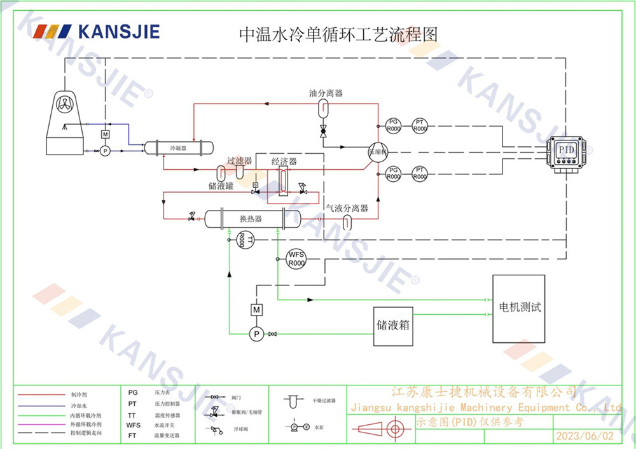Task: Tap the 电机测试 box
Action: pyautogui.click(x=519, y=308)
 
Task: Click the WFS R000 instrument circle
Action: pyautogui.click(x=296, y=258)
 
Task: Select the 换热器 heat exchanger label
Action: pyautogui.click(x=251, y=219)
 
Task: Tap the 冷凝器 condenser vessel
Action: pyautogui.click(x=177, y=148)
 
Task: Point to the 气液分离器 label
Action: pyautogui.click(x=347, y=208)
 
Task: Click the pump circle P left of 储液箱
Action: pyautogui.click(x=257, y=333)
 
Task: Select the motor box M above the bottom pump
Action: pyautogui.click(x=257, y=309)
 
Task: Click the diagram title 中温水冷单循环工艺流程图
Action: pyautogui.click(x=338, y=34)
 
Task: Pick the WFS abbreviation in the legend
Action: pyautogui.click(x=133, y=425)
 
